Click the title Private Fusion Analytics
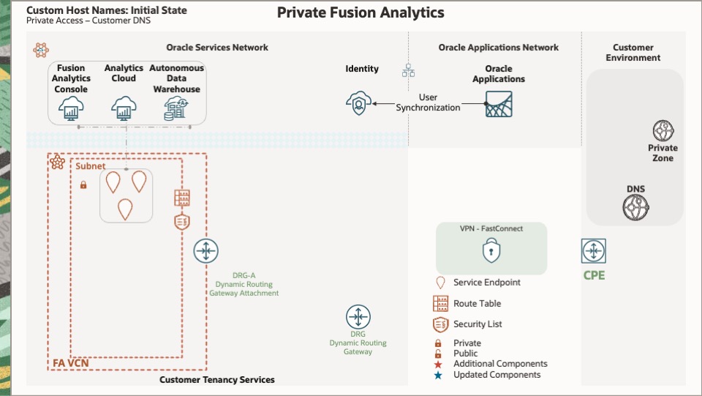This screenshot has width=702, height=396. coord(361,13)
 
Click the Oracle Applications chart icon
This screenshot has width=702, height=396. coord(499,104)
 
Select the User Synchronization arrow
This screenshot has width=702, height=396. coord(385,104)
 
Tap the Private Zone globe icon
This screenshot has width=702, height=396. coord(663,132)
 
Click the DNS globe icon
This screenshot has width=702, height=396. coord(635,208)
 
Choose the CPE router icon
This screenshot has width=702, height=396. coord(593,251)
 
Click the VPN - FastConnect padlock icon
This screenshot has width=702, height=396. coord(491,252)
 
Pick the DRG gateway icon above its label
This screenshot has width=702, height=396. coord(358,318)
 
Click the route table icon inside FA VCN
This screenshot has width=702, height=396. coord(182,198)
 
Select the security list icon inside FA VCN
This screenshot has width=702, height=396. coord(182,222)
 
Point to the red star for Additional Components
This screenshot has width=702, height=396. coord(439,364)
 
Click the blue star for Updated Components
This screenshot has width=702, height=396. coord(439,375)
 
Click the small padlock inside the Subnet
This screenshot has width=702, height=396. coord(83,185)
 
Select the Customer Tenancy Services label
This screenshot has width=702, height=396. coord(217,380)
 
